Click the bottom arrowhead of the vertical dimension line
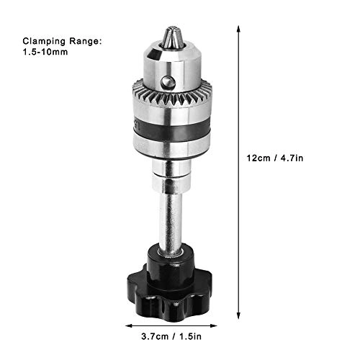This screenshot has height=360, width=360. click(238, 308)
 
